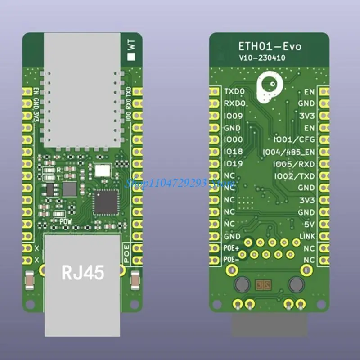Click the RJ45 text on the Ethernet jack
click(83, 272)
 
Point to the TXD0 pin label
click(234, 91)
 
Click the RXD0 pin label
click(234, 103)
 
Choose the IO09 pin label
click(233, 116)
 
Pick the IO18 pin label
click(233, 152)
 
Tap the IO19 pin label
click(233, 163)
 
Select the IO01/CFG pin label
click(295, 140)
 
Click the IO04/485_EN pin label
click(289, 152)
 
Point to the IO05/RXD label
click(294, 164)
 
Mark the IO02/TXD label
click(294, 176)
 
